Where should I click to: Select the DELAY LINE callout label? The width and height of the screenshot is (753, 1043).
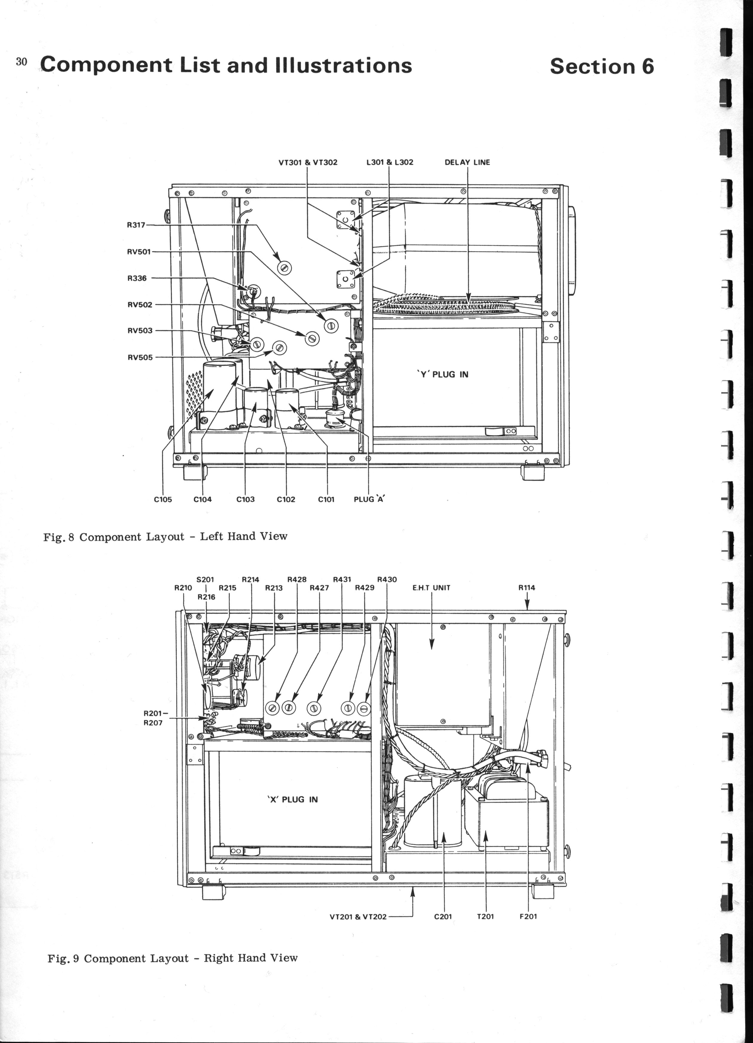(467, 162)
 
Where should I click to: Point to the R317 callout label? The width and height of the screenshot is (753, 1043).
(136, 225)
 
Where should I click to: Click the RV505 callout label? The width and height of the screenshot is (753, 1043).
(140, 357)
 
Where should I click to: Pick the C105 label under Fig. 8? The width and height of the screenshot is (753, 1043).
(163, 499)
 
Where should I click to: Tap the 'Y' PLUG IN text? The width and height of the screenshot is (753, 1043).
(443, 374)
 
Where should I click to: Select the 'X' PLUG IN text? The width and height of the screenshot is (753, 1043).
(293, 799)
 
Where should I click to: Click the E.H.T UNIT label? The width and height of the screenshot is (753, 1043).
(431, 588)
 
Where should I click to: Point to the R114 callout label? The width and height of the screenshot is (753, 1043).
(527, 588)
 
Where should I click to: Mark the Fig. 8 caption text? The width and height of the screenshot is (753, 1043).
(165, 537)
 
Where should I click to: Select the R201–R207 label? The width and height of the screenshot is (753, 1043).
(154, 718)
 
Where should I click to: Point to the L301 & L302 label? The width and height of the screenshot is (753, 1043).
(390, 162)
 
